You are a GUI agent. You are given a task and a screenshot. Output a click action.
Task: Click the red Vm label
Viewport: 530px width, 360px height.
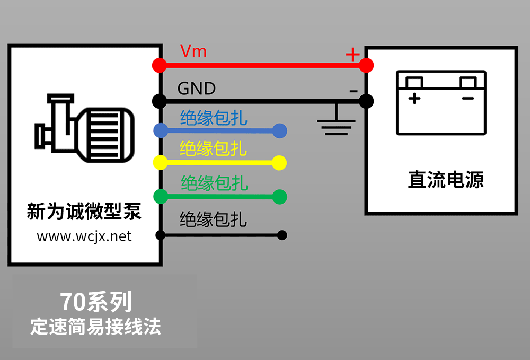[193, 51]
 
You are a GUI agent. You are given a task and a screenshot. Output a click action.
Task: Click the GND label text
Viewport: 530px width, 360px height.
[197, 88]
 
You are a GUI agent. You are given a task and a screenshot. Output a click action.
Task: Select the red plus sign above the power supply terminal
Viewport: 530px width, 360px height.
[352, 54]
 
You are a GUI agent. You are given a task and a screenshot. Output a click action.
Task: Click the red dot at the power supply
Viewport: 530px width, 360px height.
[366, 65]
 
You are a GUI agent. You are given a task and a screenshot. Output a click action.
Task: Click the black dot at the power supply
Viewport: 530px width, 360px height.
[366, 100]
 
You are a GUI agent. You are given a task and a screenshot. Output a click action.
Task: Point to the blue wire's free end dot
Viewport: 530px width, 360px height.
[280, 130]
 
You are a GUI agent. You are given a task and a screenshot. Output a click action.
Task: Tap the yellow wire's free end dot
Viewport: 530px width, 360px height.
[280, 163]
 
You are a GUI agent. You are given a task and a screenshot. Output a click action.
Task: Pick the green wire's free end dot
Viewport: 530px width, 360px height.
[280, 197]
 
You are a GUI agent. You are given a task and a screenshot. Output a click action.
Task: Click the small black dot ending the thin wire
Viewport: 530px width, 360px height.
[282, 235]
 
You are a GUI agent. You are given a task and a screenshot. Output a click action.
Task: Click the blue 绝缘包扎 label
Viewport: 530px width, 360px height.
[214, 118]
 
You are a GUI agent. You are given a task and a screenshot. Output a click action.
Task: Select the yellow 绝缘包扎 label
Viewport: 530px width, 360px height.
[214, 148]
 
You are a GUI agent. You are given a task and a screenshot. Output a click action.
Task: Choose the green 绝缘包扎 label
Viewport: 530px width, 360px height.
[214, 183]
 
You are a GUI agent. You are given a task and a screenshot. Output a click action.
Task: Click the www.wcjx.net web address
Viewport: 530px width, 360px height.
[84, 236]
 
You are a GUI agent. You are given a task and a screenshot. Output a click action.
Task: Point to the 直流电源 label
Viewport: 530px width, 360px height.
[446, 180]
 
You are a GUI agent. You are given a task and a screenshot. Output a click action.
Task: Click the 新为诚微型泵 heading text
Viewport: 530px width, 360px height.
[84, 212]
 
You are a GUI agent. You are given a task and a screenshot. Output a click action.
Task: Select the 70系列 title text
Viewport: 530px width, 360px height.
[95, 302]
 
